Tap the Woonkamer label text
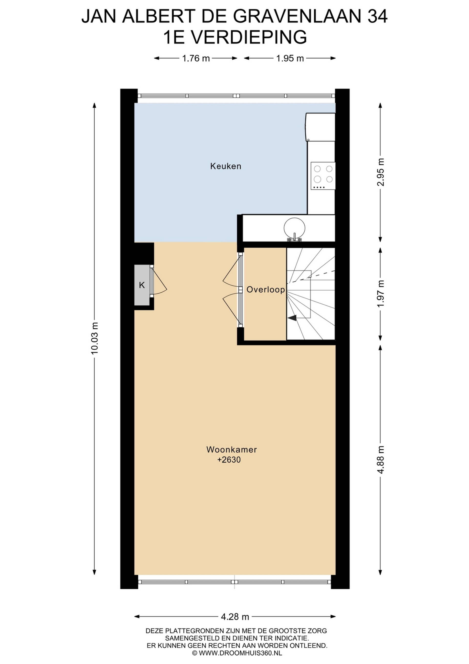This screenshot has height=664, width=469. pyautogui.click(x=232, y=449)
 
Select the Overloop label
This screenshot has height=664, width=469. pyautogui.click(x=266, y=289)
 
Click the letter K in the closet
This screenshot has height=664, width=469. pyautogui.click(x=142, y=285)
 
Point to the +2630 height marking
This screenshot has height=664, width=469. pyautogui.click(x=229, y=459)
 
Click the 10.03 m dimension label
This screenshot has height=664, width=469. pyautogui.click(x=95, y=338)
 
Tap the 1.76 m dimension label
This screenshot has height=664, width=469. pyautogui.click(x=196, y=58)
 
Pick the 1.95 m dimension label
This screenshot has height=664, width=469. pyautogui.click(x=290, y=58)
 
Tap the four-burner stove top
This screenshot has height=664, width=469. pyautogui.click(x=323, y=176)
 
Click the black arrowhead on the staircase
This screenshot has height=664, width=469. pyautogui.click(x=292, y=318)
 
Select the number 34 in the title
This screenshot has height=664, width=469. pyautogui.click(x=377, y=16)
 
